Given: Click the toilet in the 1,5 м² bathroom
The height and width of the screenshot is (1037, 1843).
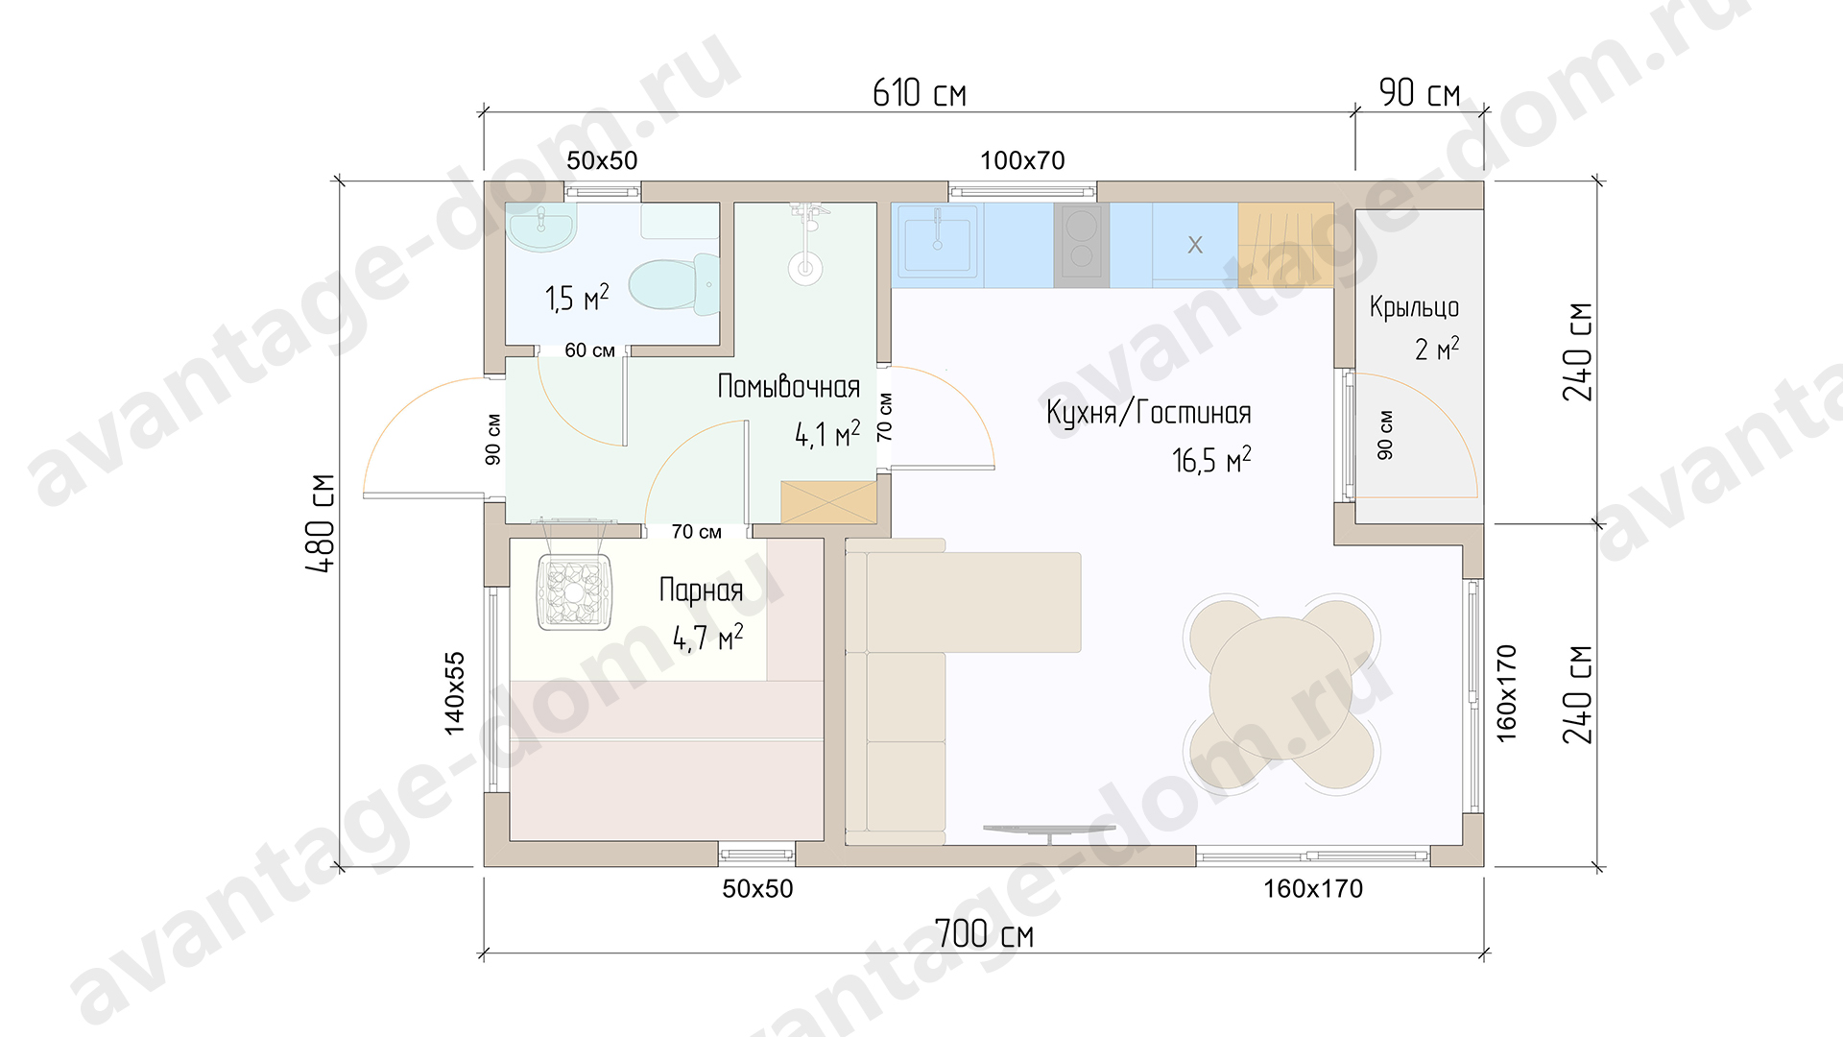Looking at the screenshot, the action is [x=674, y=285].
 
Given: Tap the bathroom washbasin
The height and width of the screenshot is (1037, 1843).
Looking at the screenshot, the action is [x=541, y=228].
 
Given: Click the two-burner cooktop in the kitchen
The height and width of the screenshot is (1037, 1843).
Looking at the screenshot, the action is [x=1082, y=245].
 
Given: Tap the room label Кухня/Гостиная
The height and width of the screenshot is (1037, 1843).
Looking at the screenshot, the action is [x=1149, y=413].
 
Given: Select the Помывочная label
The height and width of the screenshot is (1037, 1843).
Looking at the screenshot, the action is [x=789, y=387].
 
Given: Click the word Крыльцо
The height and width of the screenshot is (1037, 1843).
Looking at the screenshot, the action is [x=1414, y=307].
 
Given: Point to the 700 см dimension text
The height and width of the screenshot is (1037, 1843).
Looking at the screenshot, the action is [x=984, y=934].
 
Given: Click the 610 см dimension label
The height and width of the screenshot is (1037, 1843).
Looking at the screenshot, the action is [x=920, y=93].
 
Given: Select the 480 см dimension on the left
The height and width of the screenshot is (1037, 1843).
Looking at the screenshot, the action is [x=321, y=523].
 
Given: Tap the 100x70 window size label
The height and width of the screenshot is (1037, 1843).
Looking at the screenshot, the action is [x=1022, y=160].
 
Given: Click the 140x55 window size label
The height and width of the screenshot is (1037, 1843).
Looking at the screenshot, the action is [x=454, y=693].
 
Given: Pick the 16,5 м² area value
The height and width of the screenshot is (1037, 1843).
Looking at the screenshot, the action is [x=1211, y=460].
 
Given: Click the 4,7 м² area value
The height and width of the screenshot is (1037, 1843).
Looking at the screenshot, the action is [x=707, y=637].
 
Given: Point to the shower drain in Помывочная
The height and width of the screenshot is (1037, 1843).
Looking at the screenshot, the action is [x=805, y=268].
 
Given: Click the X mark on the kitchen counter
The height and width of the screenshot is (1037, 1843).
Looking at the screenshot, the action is [x=1195, y=245].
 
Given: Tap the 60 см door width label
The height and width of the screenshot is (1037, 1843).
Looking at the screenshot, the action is [x=589, y=350].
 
